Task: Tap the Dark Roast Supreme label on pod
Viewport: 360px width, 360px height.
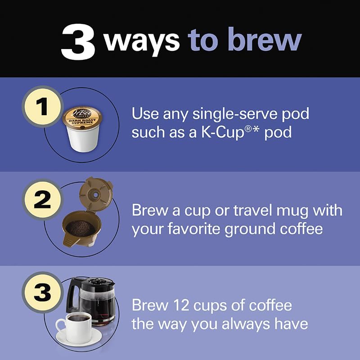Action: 82,117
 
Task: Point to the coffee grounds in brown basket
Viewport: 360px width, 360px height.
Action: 81,227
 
